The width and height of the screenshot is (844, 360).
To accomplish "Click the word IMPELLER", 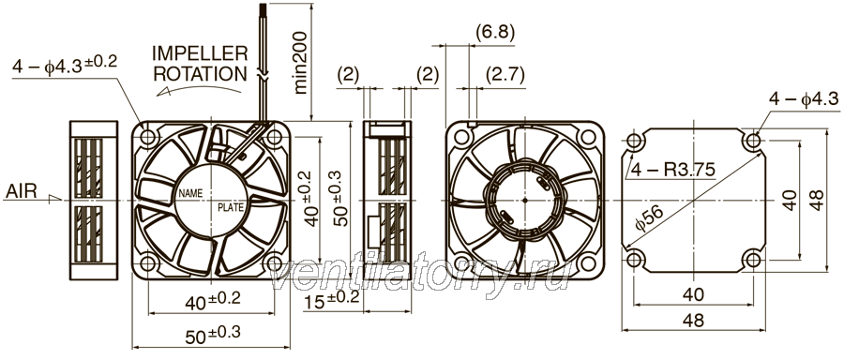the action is [x=200, y=53].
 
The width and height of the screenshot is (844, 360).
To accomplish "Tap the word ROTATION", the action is [x=201, y=74].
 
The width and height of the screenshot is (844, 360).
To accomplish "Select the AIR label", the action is [x=23, y=191].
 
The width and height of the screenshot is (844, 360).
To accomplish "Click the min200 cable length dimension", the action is [x=300, y=63].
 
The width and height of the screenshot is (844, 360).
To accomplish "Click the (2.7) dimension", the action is [x=505, y=74].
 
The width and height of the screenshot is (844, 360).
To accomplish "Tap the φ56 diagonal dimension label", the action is [x=649, y=217].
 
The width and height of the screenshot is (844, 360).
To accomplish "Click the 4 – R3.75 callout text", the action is [x=672, y=171].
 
